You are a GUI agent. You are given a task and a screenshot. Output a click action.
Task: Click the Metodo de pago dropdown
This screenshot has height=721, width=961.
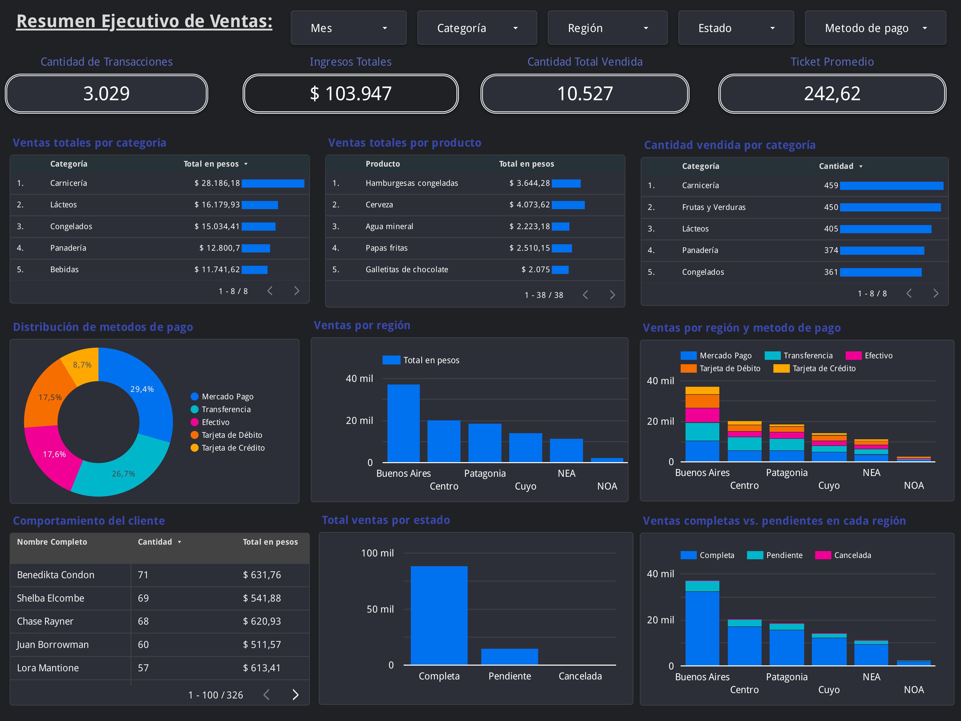point(875,28)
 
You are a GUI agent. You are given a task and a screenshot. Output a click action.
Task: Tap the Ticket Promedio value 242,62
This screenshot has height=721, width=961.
point(832,94)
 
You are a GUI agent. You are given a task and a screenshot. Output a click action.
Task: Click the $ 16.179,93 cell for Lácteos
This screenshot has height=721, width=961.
point(217,205)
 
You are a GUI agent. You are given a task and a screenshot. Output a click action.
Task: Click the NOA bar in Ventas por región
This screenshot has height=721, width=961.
point(607,460)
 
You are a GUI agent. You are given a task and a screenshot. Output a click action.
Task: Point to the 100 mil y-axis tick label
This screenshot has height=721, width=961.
point(377,553)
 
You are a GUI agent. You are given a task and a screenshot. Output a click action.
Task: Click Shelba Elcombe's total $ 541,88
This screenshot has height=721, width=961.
point(262,598)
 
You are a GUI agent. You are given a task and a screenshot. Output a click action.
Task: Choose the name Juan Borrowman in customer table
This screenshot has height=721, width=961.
point(53,645)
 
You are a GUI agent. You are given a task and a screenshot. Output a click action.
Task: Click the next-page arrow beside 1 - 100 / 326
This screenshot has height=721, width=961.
point(295,695)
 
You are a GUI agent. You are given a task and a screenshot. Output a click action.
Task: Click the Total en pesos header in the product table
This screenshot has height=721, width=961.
point(526,164)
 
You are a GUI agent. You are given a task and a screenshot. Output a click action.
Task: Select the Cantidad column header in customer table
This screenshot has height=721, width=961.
point(155,542)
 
